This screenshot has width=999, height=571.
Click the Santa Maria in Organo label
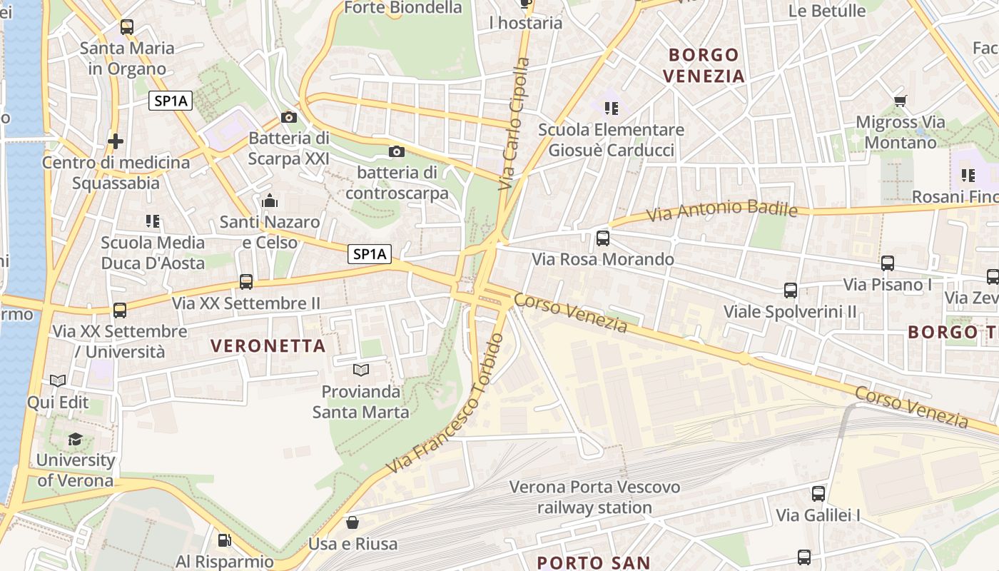click(x=127, y=59)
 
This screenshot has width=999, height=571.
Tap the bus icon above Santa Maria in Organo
click(x=127, y=27)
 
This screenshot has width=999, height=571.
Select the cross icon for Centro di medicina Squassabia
click(x=115, y=141)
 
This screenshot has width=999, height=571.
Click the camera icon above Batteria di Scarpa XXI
click(x=289, y=117)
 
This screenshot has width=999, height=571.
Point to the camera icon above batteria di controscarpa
click(x=397, y=151)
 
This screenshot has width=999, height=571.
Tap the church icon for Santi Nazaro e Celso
click(x=269, y=201)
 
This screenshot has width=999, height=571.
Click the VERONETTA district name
click(x=268, y=346)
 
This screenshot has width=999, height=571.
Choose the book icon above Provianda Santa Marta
click(x=361, y=370)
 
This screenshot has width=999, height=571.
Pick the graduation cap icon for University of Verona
click(x=75, y=439)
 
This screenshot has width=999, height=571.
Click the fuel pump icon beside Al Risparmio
click(x=224, y=540)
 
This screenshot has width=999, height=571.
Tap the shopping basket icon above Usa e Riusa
click(x=352, y=522)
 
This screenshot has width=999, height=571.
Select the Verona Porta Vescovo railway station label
click(x=594, y=497)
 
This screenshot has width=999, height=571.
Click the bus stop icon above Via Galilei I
click(x=818, y=493)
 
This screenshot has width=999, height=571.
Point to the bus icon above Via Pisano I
click(x=888, y=263)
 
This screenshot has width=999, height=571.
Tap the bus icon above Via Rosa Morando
click(x=603, y=238)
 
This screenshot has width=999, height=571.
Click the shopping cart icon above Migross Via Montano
click(x=900, y=101)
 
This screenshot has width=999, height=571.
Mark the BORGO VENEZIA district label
click(x=704, y=65)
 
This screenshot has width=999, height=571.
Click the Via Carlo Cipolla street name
click(x=515, y=123)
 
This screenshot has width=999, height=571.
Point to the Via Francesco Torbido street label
click(x=446, y=405)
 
